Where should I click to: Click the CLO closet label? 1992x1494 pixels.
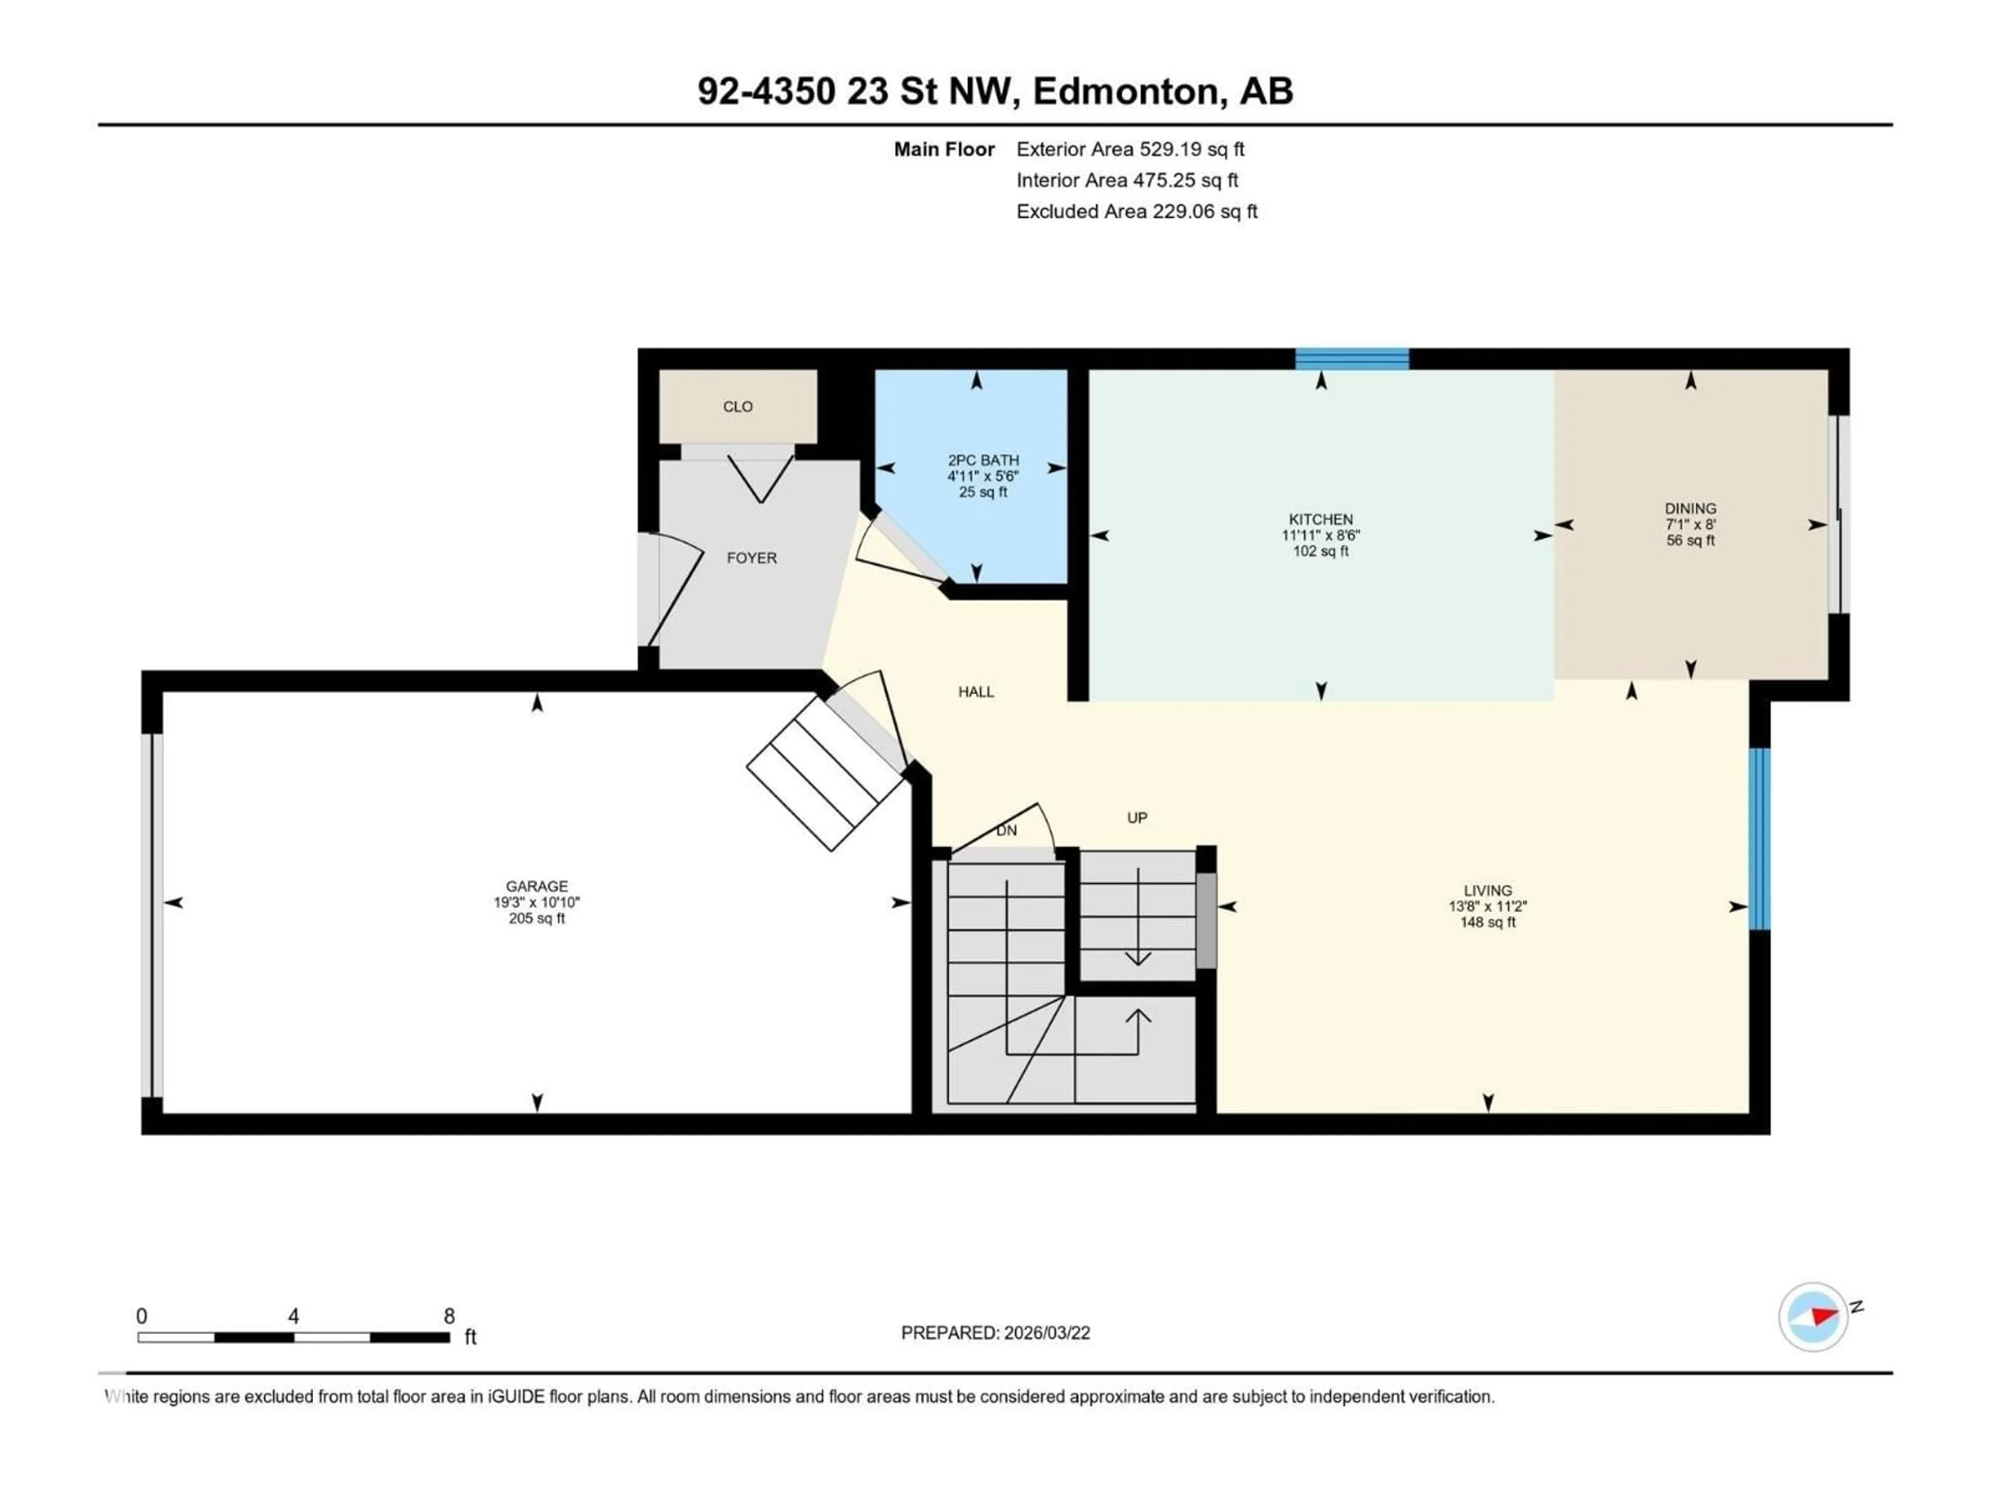(x=738, y=407)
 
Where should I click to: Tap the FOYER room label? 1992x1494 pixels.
(x=751, y=558)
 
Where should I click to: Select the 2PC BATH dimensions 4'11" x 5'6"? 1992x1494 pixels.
(x=983, y=476)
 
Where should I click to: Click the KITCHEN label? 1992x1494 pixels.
(x=1320, y=520)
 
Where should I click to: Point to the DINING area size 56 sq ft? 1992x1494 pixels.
(x=1690, y=541)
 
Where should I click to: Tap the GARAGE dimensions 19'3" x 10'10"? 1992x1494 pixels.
(x=537, y=902)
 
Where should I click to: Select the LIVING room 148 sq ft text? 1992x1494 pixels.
(x=1488, y=923)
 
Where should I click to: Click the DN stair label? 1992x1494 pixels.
(x=1006, y=831)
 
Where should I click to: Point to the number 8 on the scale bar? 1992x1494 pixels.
(x=449, y=1317)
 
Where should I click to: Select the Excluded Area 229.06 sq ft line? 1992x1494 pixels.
(x=1137, y=212)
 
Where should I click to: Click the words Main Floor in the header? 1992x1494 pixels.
(x=944, y=149)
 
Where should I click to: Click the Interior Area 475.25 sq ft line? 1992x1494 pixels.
(x=1127, y=180)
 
